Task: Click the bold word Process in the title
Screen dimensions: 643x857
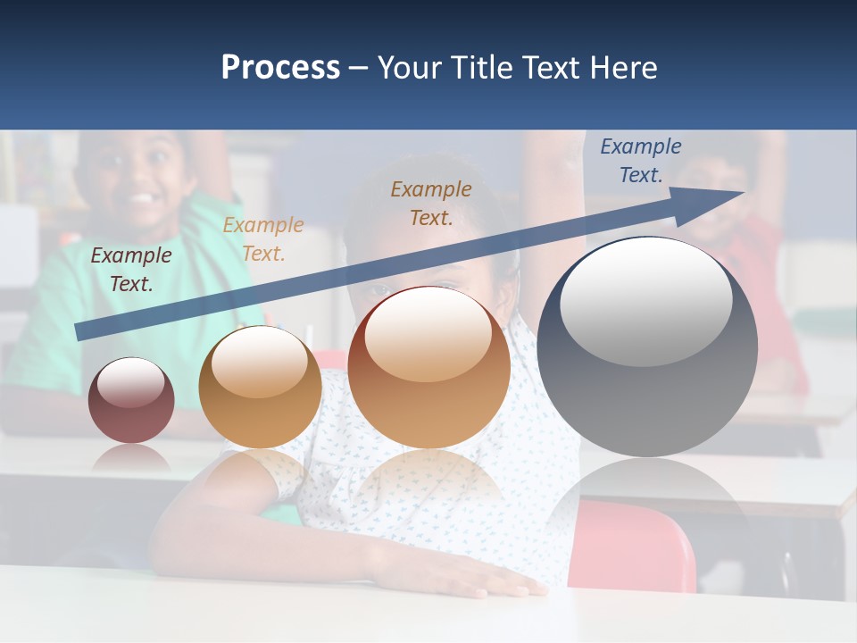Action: click(x=280, y=68)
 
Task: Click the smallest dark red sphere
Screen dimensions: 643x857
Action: click(x=131, y=401)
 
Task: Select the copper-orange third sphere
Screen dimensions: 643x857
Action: click(x=429, y=368)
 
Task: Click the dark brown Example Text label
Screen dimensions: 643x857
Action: click(x=131, y=270)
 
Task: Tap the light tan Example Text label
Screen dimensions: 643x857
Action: click(x=263, y=239)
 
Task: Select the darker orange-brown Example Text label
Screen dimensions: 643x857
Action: click(x=431, y=203)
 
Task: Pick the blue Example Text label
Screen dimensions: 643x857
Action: click(x=640, y=161)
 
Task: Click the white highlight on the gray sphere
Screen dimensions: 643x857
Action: click(x=645, y=302)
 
